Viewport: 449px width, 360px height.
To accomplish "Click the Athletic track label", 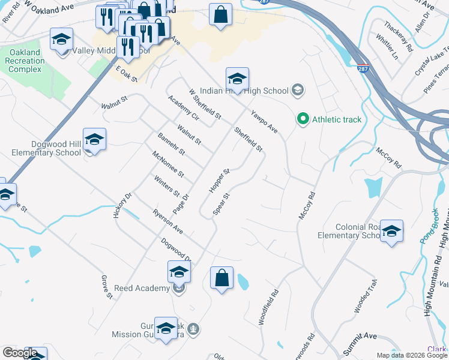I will (337, 119).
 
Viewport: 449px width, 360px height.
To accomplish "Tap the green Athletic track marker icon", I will (304, 119).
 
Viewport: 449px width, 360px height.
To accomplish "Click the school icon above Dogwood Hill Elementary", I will (94, 140).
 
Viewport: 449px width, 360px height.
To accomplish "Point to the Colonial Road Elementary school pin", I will (391, 232).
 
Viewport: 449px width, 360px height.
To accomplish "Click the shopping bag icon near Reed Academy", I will (221, 278).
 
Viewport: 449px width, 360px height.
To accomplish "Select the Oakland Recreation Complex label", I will (25, 61).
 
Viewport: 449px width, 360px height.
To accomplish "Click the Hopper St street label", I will (219, 181).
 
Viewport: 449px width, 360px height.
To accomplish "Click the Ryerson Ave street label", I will (167, 222).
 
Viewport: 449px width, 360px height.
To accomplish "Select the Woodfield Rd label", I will (270, 308).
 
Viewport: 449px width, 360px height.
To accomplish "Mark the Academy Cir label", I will (183, 110).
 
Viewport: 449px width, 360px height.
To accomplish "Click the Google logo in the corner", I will (20, 353).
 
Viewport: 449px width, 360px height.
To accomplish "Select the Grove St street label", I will (106, 287).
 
